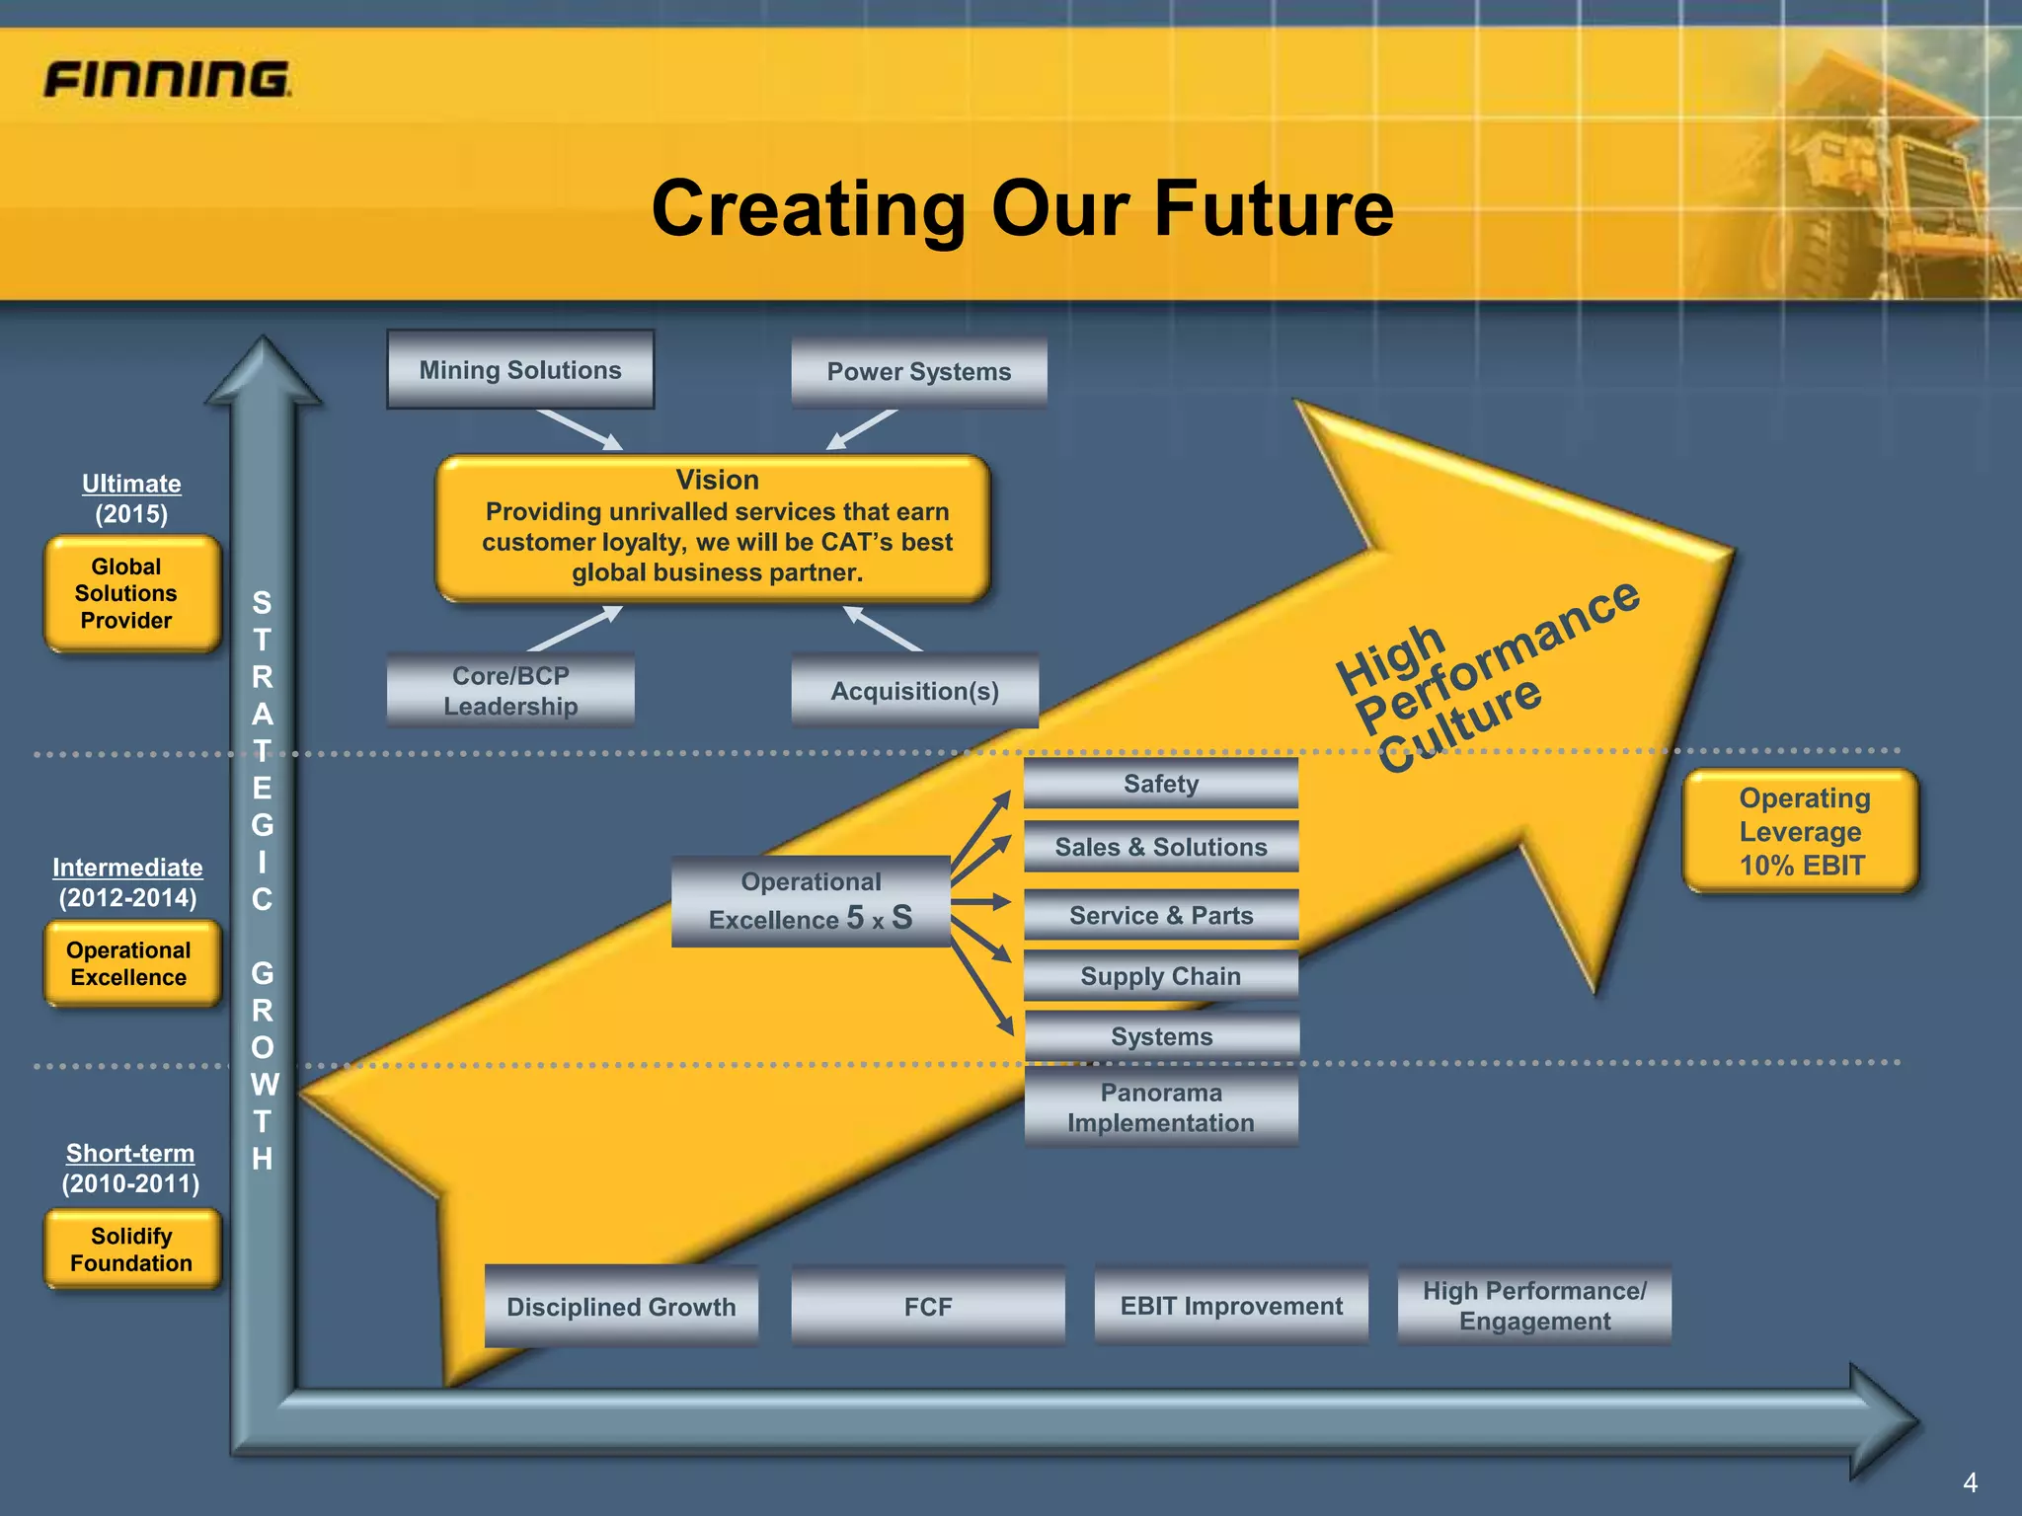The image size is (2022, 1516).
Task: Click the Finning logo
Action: (x=167, y=79)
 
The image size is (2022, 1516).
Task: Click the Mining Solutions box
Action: (x=520, y=370)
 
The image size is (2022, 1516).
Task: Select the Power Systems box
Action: (x=918, y=372)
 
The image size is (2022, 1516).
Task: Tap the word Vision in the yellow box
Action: (x=717, y=480)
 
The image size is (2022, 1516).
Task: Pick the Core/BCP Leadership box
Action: (x=510, y=691)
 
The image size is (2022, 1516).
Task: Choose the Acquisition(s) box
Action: (x=914, y=691)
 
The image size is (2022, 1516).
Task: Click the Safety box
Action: (x=1160, y=784)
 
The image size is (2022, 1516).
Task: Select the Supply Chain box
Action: (x=1160, y=976)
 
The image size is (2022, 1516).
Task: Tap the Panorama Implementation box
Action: (x=1160, y=1107)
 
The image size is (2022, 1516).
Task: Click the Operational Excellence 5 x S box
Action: (x=811, y=901)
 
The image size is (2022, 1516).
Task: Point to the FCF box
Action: (x=928, y=1307)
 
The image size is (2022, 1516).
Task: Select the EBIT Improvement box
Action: (x=1231, y=1306)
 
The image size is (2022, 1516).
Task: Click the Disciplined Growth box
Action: (x=621, y=1307)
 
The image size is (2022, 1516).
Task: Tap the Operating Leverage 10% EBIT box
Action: (x=1801, y=831)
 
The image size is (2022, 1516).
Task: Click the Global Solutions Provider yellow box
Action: (x=131, y=593)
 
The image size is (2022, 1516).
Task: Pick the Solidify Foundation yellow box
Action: (x=131, y=1250)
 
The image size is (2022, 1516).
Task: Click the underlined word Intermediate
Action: (x=127, y=868)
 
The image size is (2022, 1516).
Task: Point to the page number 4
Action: (x=1970, y=1482)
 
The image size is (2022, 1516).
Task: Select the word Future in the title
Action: (x=1274, y=209)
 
